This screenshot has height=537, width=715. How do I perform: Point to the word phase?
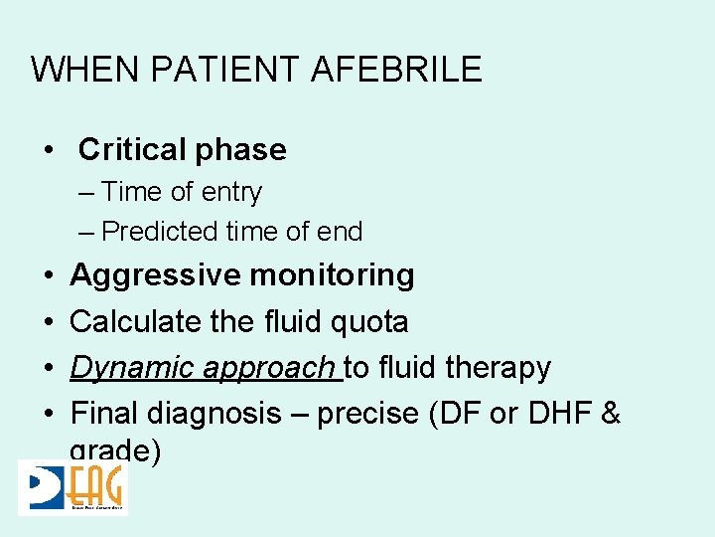coord(243,150)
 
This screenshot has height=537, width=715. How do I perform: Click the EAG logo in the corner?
coord(73,487)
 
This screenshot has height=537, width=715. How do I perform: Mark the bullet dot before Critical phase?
coord(49,150)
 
